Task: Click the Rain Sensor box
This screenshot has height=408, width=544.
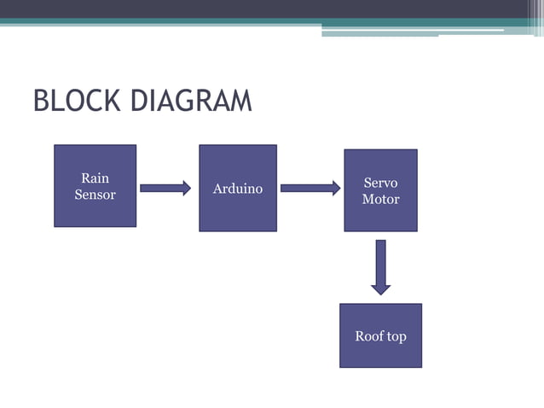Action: click(95, 186)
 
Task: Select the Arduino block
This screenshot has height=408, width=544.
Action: click(237, 188)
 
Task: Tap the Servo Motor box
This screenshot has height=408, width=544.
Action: click(380, 190)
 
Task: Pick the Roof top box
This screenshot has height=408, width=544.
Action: click(380, 335)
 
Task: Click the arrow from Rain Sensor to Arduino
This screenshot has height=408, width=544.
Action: click(165, 188)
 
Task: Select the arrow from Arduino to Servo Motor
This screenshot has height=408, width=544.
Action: click(310, 188)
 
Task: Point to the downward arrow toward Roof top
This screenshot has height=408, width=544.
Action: click(380, 266)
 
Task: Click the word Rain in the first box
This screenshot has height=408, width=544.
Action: click(95, 178)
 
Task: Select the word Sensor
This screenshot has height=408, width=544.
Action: click(95, 195)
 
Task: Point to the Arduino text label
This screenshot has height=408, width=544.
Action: click(237, 188)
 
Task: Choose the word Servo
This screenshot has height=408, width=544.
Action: click(380, 183)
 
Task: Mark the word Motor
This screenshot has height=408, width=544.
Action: click(380, 199)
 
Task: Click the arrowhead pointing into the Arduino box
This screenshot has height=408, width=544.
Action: click(185, 188)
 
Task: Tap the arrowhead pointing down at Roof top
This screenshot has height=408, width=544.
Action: click(380, 289)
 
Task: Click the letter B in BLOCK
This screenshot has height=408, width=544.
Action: click(41, 101)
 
